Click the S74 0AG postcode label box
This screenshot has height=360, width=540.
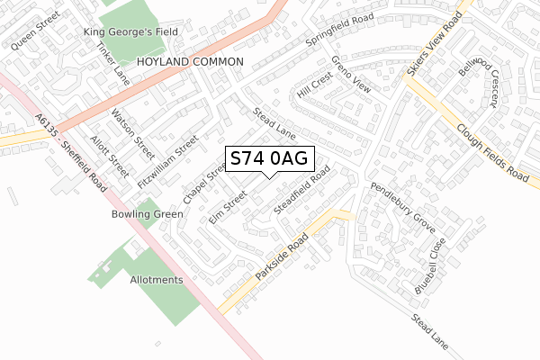coord(269,159)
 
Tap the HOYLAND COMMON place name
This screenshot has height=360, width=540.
coord(191,61)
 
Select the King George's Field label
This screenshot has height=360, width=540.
coord(130,32)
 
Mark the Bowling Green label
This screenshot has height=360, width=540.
coord(147,214)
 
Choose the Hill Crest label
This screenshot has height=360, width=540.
coord(316,87)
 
